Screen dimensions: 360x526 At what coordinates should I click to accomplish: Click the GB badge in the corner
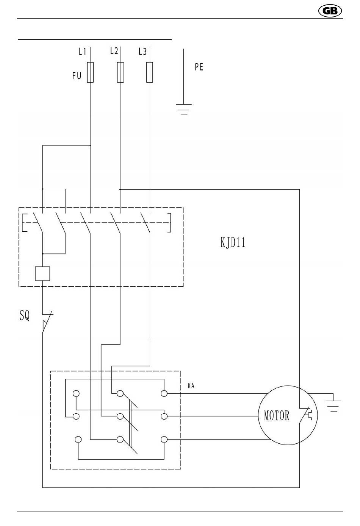point(330,11)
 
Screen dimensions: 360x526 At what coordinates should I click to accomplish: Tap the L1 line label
point(82,52)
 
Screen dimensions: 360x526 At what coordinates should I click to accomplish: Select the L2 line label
point(114,51)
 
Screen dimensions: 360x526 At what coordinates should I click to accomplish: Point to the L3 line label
point(142,52)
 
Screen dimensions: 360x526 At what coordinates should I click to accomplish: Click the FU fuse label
point(77,75)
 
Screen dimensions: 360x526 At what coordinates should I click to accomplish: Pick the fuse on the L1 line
point(90,72)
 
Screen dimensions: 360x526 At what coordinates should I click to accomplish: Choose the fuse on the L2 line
point(121,72)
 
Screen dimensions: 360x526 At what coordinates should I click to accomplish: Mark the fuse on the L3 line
point(150,72)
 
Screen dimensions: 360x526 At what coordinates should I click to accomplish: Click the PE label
point(199,67)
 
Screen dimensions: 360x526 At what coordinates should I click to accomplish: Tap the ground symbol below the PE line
point(184,110)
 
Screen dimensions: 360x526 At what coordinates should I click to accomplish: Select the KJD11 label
point(233,242)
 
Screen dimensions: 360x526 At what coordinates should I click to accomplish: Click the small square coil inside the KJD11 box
point(42,273)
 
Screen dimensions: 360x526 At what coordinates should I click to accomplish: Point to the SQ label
point(25,316)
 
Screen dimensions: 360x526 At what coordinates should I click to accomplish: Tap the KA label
point(191,386)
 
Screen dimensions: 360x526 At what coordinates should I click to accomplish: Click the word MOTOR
point(277,415)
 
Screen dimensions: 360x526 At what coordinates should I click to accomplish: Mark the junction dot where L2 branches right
point(120,189)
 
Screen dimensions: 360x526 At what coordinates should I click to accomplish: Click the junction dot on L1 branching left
point(90,145)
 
